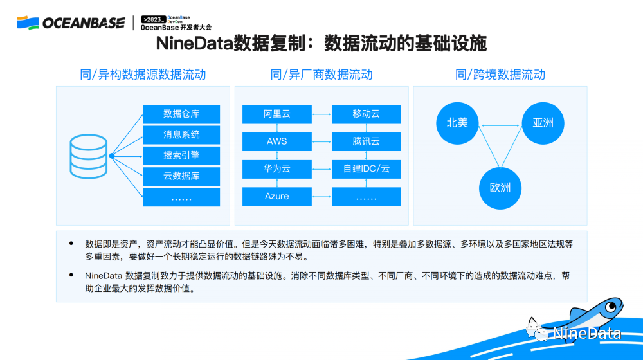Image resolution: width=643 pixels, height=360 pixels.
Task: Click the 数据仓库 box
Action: coord(181,114)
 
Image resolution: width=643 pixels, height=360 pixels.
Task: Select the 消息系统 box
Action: coord(181,135)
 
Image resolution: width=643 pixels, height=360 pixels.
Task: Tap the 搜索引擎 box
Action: coord(181,156)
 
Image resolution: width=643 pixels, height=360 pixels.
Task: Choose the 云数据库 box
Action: coord(181,176)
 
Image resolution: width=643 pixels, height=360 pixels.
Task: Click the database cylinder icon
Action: coord(89,156)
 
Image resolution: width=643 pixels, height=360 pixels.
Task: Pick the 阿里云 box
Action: coord(276,114)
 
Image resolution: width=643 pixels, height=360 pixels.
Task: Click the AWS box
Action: coord(276,141)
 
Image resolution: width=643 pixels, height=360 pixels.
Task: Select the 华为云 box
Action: coord(276,169)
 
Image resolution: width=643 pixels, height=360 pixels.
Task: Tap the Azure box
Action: coord(276,197)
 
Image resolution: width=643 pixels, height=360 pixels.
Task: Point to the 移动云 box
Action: coord(367,114)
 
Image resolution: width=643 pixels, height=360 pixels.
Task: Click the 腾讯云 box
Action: coord(367,141)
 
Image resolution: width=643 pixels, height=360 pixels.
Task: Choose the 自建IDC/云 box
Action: coord(367,169)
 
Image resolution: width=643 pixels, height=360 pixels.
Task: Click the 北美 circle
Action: coord(457,123)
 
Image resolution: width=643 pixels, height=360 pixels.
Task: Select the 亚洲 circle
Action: coord(543,123)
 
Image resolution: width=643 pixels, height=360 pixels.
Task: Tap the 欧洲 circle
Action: coord(500,188)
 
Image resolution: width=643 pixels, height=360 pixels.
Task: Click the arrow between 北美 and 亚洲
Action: coord(500,125)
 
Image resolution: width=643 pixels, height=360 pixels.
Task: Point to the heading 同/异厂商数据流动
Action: coord(321,75)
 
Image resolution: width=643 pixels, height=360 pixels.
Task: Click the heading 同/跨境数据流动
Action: coord(500,75)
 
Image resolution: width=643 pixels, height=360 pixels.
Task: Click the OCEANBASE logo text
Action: coord(84,23)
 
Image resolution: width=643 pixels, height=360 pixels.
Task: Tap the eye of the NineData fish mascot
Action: coord(611,307)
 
